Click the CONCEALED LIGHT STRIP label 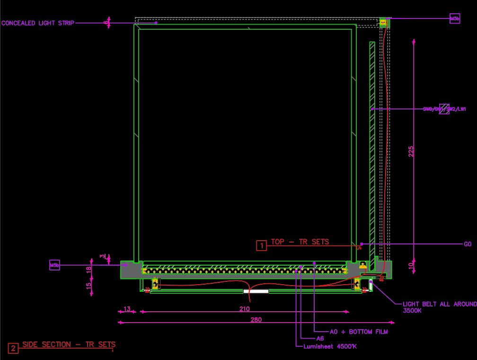pos(38,23)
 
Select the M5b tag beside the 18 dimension pos(54,265)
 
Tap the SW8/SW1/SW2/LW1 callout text pos(444,109)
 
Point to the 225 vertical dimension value pos(411,151)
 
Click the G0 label pos(468,244)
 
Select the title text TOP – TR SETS pos(300,242)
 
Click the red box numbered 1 pos(261,245)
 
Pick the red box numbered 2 pos(13,349)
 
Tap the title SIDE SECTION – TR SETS pos(69,344)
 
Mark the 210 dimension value pos(244,309)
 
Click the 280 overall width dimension pos(256,320)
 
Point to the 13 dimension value pos(127,309)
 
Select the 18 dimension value pos(88,270)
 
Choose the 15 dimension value pos(88,286)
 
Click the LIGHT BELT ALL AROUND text pos(439,304)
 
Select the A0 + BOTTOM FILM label pos(359,332)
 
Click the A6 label pos(320,339)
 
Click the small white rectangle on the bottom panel pos(256,291)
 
